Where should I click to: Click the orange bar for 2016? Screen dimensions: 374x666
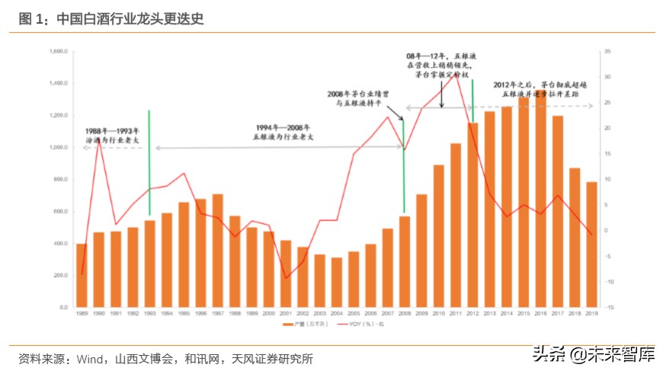pyautogui.click(x=540, y=206)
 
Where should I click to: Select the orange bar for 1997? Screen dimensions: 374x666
pyautogui.click(x=217, y=251)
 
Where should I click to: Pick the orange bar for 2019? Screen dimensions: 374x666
pyautogui.click(x=591, y=244)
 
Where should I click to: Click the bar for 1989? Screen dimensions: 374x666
pyautogui.click(x=82, y=275)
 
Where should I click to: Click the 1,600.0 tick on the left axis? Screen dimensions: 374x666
pyautogui.click(x=59, y=51)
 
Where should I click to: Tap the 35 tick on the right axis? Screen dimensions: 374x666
pyautogui.click(x=607, y=51)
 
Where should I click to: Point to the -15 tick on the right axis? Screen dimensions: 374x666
pyautogui.click(x=607, y=307)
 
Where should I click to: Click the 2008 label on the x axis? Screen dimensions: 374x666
pyautogui.click(x=404, y=313)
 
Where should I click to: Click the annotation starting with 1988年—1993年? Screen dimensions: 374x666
pyautogui.click(x=112, y=136)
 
